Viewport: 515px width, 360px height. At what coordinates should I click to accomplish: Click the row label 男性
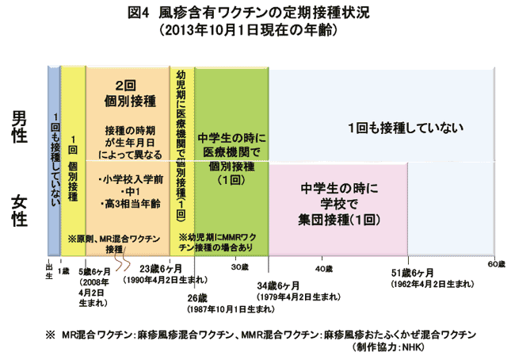19,127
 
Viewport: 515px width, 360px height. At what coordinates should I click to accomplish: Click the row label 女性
19,210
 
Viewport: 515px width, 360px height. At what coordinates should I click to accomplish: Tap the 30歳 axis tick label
239,267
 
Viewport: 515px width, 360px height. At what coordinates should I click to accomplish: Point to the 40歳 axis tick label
324,269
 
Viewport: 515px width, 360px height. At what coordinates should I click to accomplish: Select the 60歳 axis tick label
496,264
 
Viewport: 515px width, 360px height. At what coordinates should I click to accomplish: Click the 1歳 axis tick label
63,271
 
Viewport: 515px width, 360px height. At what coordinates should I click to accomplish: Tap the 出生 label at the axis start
49,271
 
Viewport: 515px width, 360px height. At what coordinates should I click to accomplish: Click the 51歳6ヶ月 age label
412,273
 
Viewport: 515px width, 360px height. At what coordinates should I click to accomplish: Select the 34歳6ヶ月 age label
278,285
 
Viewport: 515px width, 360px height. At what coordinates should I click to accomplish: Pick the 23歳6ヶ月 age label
161,269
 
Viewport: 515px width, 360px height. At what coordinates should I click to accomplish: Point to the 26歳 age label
197,298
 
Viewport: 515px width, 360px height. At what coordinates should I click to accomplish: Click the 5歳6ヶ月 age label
94,271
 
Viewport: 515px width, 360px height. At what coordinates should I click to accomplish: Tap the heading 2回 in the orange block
125,86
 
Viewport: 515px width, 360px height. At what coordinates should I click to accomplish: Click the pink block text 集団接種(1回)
339,220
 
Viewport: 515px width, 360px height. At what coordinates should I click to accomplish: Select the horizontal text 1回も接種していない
406,128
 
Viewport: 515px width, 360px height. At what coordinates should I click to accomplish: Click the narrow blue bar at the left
54,161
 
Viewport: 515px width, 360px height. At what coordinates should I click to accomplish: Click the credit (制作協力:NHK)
387,347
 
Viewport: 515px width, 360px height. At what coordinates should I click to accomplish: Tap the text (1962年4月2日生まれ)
433,284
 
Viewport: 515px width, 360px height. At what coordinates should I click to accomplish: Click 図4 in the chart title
139,13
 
